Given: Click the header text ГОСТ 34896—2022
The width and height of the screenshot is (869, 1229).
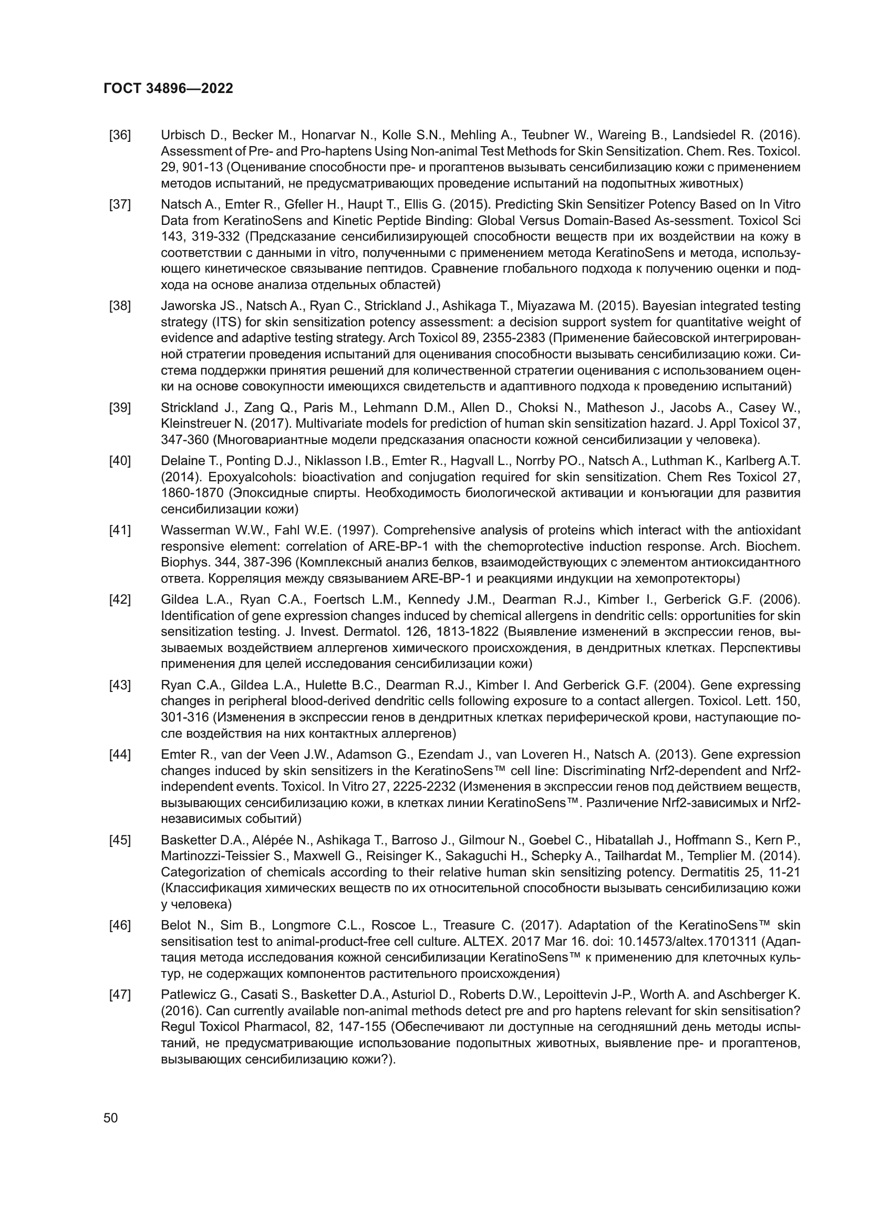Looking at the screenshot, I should [168, 89].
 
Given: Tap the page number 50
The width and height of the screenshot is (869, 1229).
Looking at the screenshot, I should [111, 1118].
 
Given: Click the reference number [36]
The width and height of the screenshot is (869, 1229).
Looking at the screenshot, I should [120, 136].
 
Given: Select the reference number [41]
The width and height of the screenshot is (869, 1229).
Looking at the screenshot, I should [120, 531].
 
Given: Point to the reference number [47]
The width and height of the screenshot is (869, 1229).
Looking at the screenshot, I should [120, 995].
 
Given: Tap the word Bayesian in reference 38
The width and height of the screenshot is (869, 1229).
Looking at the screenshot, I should [668, 306].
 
